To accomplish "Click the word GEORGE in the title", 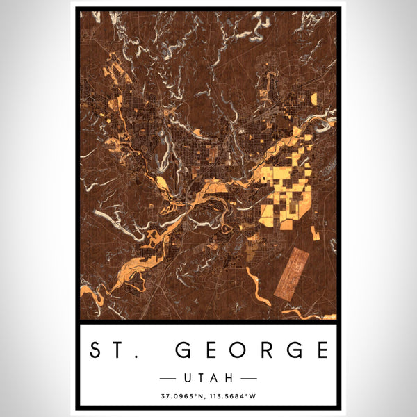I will point(252,350).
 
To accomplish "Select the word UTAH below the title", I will point(208,378).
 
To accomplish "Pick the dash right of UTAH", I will point(247,378).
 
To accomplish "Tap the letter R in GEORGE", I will point(267,350).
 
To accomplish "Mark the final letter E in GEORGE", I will point(320,350).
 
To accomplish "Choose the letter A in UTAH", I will point(215,378).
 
